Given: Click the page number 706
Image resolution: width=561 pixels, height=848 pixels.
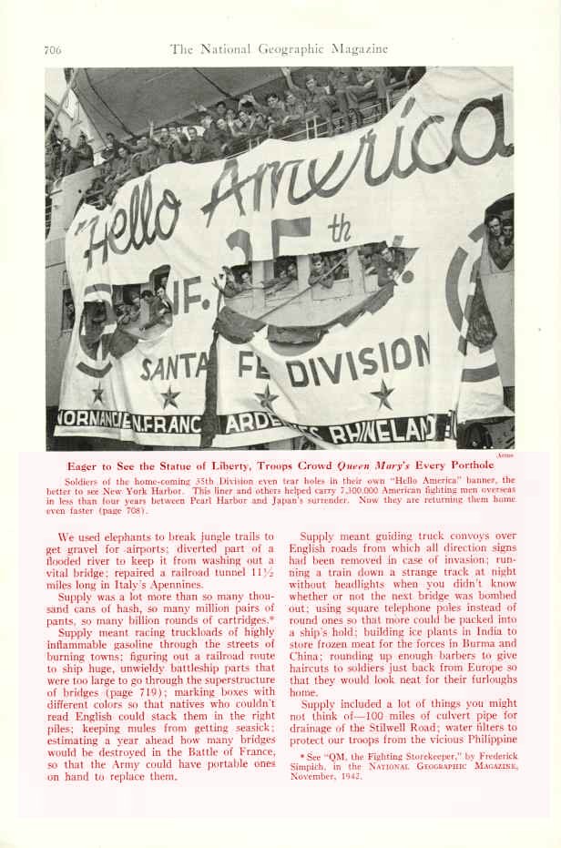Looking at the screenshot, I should [52, 49].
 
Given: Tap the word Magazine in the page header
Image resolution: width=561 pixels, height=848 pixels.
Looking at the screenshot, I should [357, 49].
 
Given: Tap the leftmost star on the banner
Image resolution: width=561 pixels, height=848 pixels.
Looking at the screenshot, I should [97, 393].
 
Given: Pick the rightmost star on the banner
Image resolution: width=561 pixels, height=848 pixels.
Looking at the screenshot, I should [382, 393].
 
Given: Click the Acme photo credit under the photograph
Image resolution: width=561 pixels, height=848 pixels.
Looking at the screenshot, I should [507, 453].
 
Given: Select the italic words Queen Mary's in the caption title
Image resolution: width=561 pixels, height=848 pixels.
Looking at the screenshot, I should [373, 465].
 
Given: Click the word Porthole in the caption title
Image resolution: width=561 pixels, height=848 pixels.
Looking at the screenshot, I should [469, 465].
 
